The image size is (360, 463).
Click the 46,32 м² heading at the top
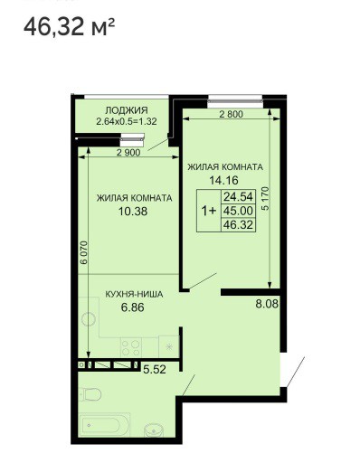pyautogui.click(x=69, y=26)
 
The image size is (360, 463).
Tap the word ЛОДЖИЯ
pyautogui.click(x=127, y=110)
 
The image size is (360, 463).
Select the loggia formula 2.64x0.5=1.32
pyautogui.click(x=127, y=122)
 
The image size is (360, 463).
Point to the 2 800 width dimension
pyautogui.click(x=231, y=114)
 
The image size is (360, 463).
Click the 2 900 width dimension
pyautogui.click(x=128, y=153)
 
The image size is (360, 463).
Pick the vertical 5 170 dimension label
pyautogui.click(x=265, y=200)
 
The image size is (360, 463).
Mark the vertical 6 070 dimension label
pyautogui.click(x=84, y=252)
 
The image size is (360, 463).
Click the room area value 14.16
pyautogui.click(x=224, y=180)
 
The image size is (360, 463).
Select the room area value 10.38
pyautogui.click(x=133, y=212)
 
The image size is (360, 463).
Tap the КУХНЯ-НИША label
pyautogui.click(x=134, y=294)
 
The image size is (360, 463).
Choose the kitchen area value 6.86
pyautogui.click(x=132, y=307)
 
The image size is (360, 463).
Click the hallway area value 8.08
pyautogui.click(x=267, y=304)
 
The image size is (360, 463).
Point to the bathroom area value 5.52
pyautogui.click(x=155, y=370)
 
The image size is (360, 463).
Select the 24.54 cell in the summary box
pyautogui.click(x=238, y=197)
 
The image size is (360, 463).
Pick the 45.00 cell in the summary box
pyautogui.click(x=238, y=211)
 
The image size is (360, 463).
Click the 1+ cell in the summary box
pyautogui.click(x=209, y=211)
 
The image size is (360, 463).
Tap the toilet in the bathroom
pyautogui.click(x=90, y=394)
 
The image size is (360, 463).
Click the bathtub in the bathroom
pyautogui.click(x=104, y=426)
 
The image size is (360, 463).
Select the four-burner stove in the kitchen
pyautogui.click(x=131, y=347)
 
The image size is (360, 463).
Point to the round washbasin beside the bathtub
pyautogui.click(x=154, y=430)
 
